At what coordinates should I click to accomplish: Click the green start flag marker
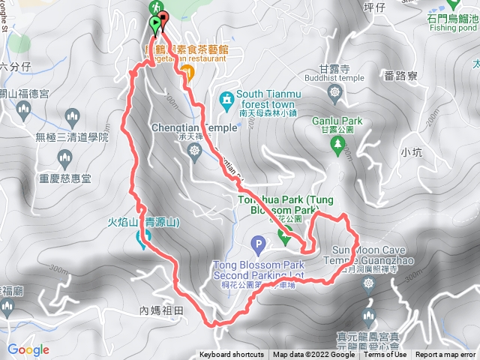(x=155, y=25)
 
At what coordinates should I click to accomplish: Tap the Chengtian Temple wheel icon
(x=195, y=151)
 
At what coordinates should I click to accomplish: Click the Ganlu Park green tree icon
(x=334, y=140)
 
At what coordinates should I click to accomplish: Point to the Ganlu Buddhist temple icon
(x=335, y=94)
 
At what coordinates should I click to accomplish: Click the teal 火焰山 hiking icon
(x=142, y=239)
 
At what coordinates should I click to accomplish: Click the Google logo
(x=28, y=349)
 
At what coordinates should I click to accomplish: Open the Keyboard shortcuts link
(x=231, y=355)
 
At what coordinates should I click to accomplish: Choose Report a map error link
(x=446, y=355)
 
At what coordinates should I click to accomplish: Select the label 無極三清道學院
(x=72, y=137)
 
